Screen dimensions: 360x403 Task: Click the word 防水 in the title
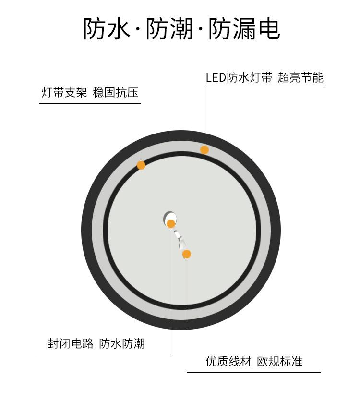(107, 29)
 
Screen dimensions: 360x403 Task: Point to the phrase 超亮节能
(301, 77)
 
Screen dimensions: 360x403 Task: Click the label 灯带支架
(64, 93)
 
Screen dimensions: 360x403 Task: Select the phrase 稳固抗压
(115, 93)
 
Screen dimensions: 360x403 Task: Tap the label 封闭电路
(71, 344)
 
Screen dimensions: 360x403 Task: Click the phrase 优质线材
(228, 361)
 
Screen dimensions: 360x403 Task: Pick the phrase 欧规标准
(280, 361)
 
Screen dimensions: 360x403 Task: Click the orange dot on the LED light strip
(204, 150)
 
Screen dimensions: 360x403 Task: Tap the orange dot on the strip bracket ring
(141, 165)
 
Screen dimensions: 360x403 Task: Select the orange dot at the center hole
(171, 223)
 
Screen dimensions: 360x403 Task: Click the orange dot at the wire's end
(187, 254)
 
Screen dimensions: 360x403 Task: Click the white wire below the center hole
(180, 238)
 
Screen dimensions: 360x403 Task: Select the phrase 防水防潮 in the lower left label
(122, 344)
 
